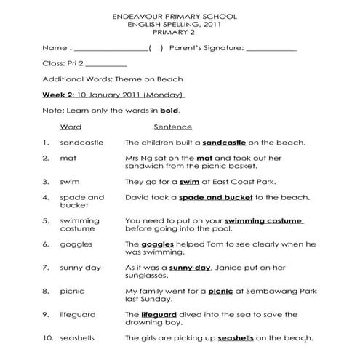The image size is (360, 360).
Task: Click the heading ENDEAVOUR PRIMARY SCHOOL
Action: coord(180,15)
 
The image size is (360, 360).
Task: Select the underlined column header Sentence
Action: coord(173,127)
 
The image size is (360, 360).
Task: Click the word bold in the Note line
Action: coord(169,111)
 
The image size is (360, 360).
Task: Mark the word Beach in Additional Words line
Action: coord(169,79)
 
